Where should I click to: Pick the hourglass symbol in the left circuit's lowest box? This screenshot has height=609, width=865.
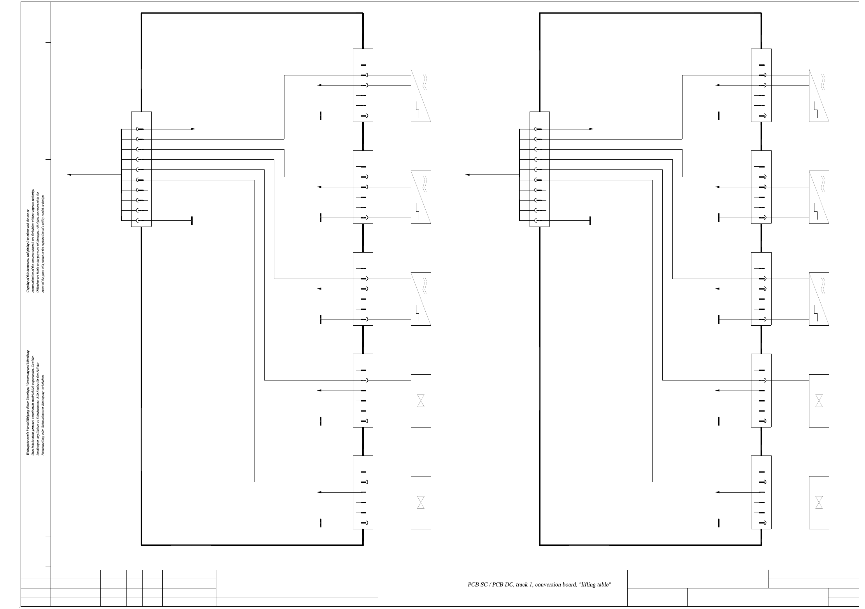[421, 502]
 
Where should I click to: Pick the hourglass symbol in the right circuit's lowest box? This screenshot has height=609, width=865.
[819, 502]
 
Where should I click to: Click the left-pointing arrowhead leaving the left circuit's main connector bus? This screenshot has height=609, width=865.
[69, 175]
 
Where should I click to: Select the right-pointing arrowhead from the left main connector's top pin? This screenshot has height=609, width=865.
[193, 129]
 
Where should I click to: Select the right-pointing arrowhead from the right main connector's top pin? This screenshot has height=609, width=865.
[591, 129]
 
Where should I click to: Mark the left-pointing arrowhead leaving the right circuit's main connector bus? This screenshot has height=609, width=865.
[467, 175]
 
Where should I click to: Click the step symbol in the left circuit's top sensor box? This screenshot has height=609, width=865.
[418, 109]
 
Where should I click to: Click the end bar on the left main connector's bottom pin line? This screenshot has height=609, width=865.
[192, 221]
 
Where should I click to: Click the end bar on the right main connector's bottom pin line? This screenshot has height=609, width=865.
[590, 221]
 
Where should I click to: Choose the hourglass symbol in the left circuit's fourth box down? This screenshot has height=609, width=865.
[421, 401]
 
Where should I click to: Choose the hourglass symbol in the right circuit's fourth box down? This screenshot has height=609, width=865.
[819, 401]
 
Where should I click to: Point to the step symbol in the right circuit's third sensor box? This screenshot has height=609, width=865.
[816, 313]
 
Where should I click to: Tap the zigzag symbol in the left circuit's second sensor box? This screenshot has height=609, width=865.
[425, 183]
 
